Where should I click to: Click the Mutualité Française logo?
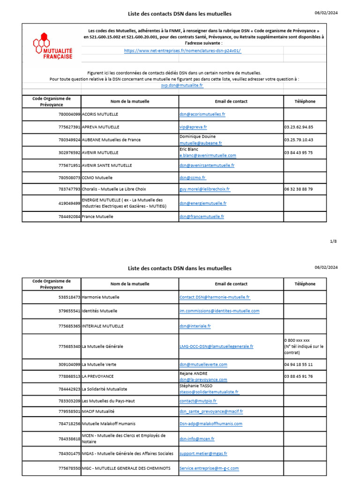click(52, 45)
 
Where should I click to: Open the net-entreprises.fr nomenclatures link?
click(183, 50)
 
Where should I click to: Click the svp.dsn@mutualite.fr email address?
click(182, 85)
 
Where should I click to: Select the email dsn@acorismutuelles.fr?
click(202, 114)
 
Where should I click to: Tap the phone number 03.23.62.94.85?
click(299, 127)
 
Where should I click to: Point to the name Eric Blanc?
click(189, 150)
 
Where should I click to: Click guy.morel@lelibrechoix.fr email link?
click(204, 189)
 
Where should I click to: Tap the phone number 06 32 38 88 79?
click(299, 189)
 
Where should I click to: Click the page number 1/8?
click(333, 241)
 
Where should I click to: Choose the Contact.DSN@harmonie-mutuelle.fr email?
click(215, 297)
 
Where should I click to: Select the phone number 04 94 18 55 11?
click(299, 364)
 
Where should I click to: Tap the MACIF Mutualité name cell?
click(98, 411)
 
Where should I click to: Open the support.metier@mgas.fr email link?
click(203, 453)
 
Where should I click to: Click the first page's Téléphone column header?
click(305, 101)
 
